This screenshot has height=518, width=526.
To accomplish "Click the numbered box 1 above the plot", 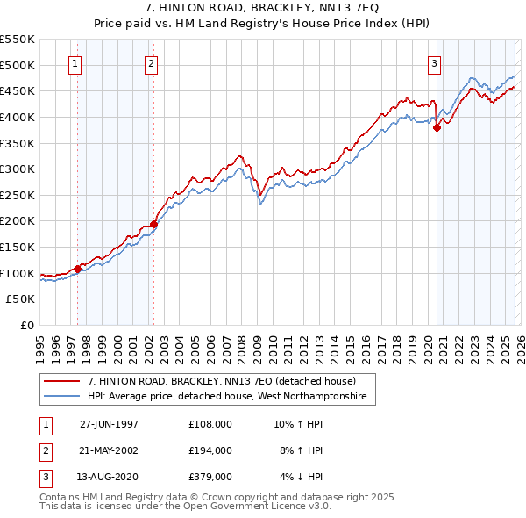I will point(75,63).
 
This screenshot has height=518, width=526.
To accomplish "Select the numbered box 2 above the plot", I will point(152,63).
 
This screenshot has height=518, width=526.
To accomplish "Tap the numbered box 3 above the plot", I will point(434,63).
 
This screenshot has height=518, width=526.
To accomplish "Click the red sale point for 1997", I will point(78,269).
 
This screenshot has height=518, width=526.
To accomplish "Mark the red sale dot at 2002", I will point(153,224).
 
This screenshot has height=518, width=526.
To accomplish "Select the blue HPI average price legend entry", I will point(231,398).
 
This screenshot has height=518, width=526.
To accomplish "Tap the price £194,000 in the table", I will point(210,450).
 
